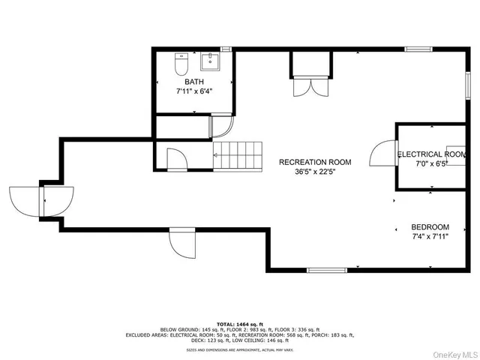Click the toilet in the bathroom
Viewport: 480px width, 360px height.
pos(180,64)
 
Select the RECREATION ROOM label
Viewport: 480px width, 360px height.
pos(315,162)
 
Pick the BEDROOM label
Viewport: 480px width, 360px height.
pos(430,227)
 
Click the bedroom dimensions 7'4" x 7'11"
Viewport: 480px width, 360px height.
pos(430,238)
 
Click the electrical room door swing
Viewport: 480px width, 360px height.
pos(384,155)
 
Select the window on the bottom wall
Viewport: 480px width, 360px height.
pos(328,270)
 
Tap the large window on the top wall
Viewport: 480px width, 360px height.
pos(418,49)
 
